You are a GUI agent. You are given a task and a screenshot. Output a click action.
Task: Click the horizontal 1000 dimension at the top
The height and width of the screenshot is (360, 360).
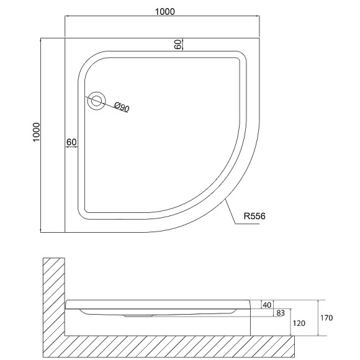[165, 11]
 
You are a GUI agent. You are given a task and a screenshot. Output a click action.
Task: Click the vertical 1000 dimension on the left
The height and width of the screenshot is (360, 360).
[36, 132]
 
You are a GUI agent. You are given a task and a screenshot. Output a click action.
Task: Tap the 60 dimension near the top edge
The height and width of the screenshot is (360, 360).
[178, 44]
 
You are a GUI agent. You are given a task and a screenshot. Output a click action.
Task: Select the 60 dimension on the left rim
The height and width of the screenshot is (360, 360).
[71, 142]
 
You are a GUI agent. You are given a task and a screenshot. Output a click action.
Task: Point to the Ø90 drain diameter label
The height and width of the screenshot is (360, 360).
[122, 107]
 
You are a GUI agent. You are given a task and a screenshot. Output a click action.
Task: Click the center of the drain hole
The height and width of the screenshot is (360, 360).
[96, 101]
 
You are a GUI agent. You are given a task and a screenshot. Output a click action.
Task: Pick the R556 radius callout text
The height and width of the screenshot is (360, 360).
[254, 216]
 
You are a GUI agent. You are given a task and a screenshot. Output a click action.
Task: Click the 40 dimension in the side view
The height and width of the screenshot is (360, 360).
[266, 305]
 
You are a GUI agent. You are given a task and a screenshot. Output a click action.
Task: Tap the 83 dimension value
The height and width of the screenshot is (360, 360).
[281, 313]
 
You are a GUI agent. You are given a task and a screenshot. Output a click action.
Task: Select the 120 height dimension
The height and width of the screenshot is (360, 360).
[299, 323]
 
